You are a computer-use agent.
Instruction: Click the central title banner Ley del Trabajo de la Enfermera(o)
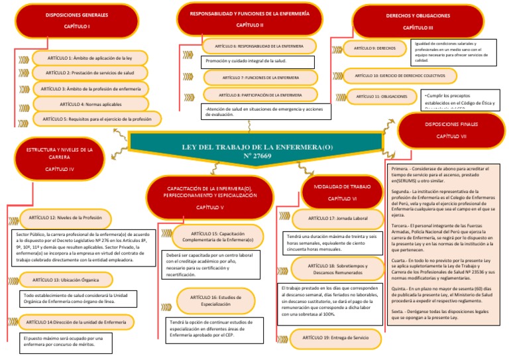[x=255, y=150]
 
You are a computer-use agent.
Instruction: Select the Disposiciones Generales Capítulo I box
[x=68, y=21]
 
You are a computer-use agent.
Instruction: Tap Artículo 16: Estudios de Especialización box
[x=209, y=300]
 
